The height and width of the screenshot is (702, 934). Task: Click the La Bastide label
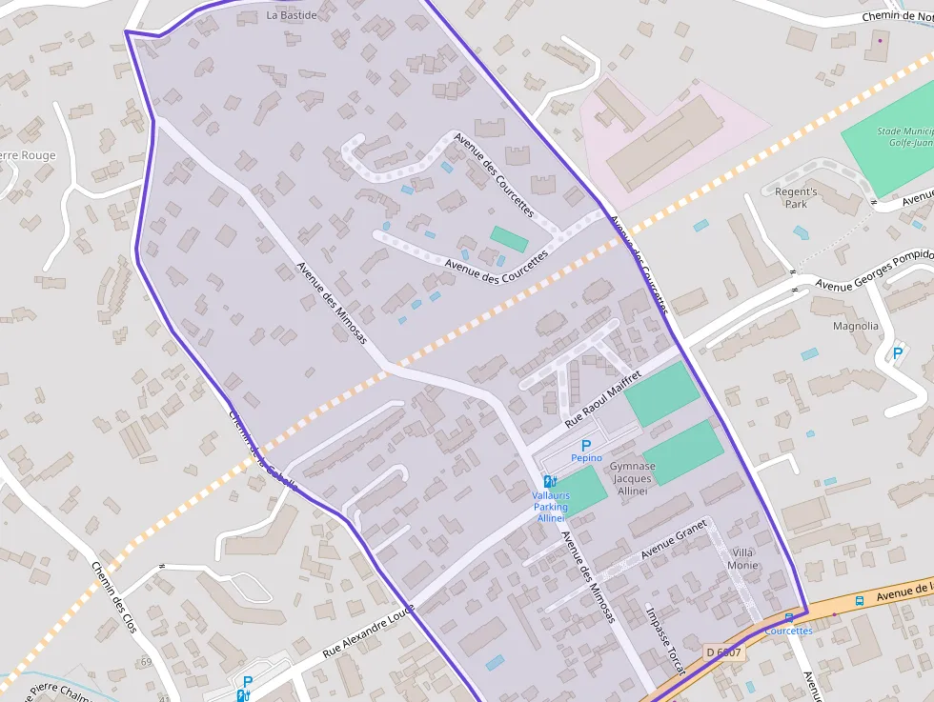click(292, 15)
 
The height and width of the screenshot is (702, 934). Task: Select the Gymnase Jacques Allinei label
click(633, 479)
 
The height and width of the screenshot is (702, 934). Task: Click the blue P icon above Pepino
click(586, 445)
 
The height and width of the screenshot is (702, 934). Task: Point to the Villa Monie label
click(743, 559)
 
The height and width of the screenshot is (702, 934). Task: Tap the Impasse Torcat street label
click(665, 641)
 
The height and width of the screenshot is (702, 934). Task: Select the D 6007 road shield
click(723, 652)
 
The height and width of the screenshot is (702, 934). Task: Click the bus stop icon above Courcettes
click(789, 617)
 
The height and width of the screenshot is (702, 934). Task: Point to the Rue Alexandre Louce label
click(370, 632)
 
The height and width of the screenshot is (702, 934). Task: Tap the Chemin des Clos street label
click(115, 598)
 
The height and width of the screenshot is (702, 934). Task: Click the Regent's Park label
click(796, 198)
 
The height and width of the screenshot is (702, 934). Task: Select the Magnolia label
click(855, 326)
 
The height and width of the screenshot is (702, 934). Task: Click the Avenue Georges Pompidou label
click(872, 271)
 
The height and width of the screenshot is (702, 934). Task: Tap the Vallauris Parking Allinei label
click(551, 508)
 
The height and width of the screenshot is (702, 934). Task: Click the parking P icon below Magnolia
click(897, 353)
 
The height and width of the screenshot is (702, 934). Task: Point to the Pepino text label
click(586, 458)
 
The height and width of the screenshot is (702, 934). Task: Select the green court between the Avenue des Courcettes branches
click(509, 239)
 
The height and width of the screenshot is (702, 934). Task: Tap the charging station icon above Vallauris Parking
click(550, 482)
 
